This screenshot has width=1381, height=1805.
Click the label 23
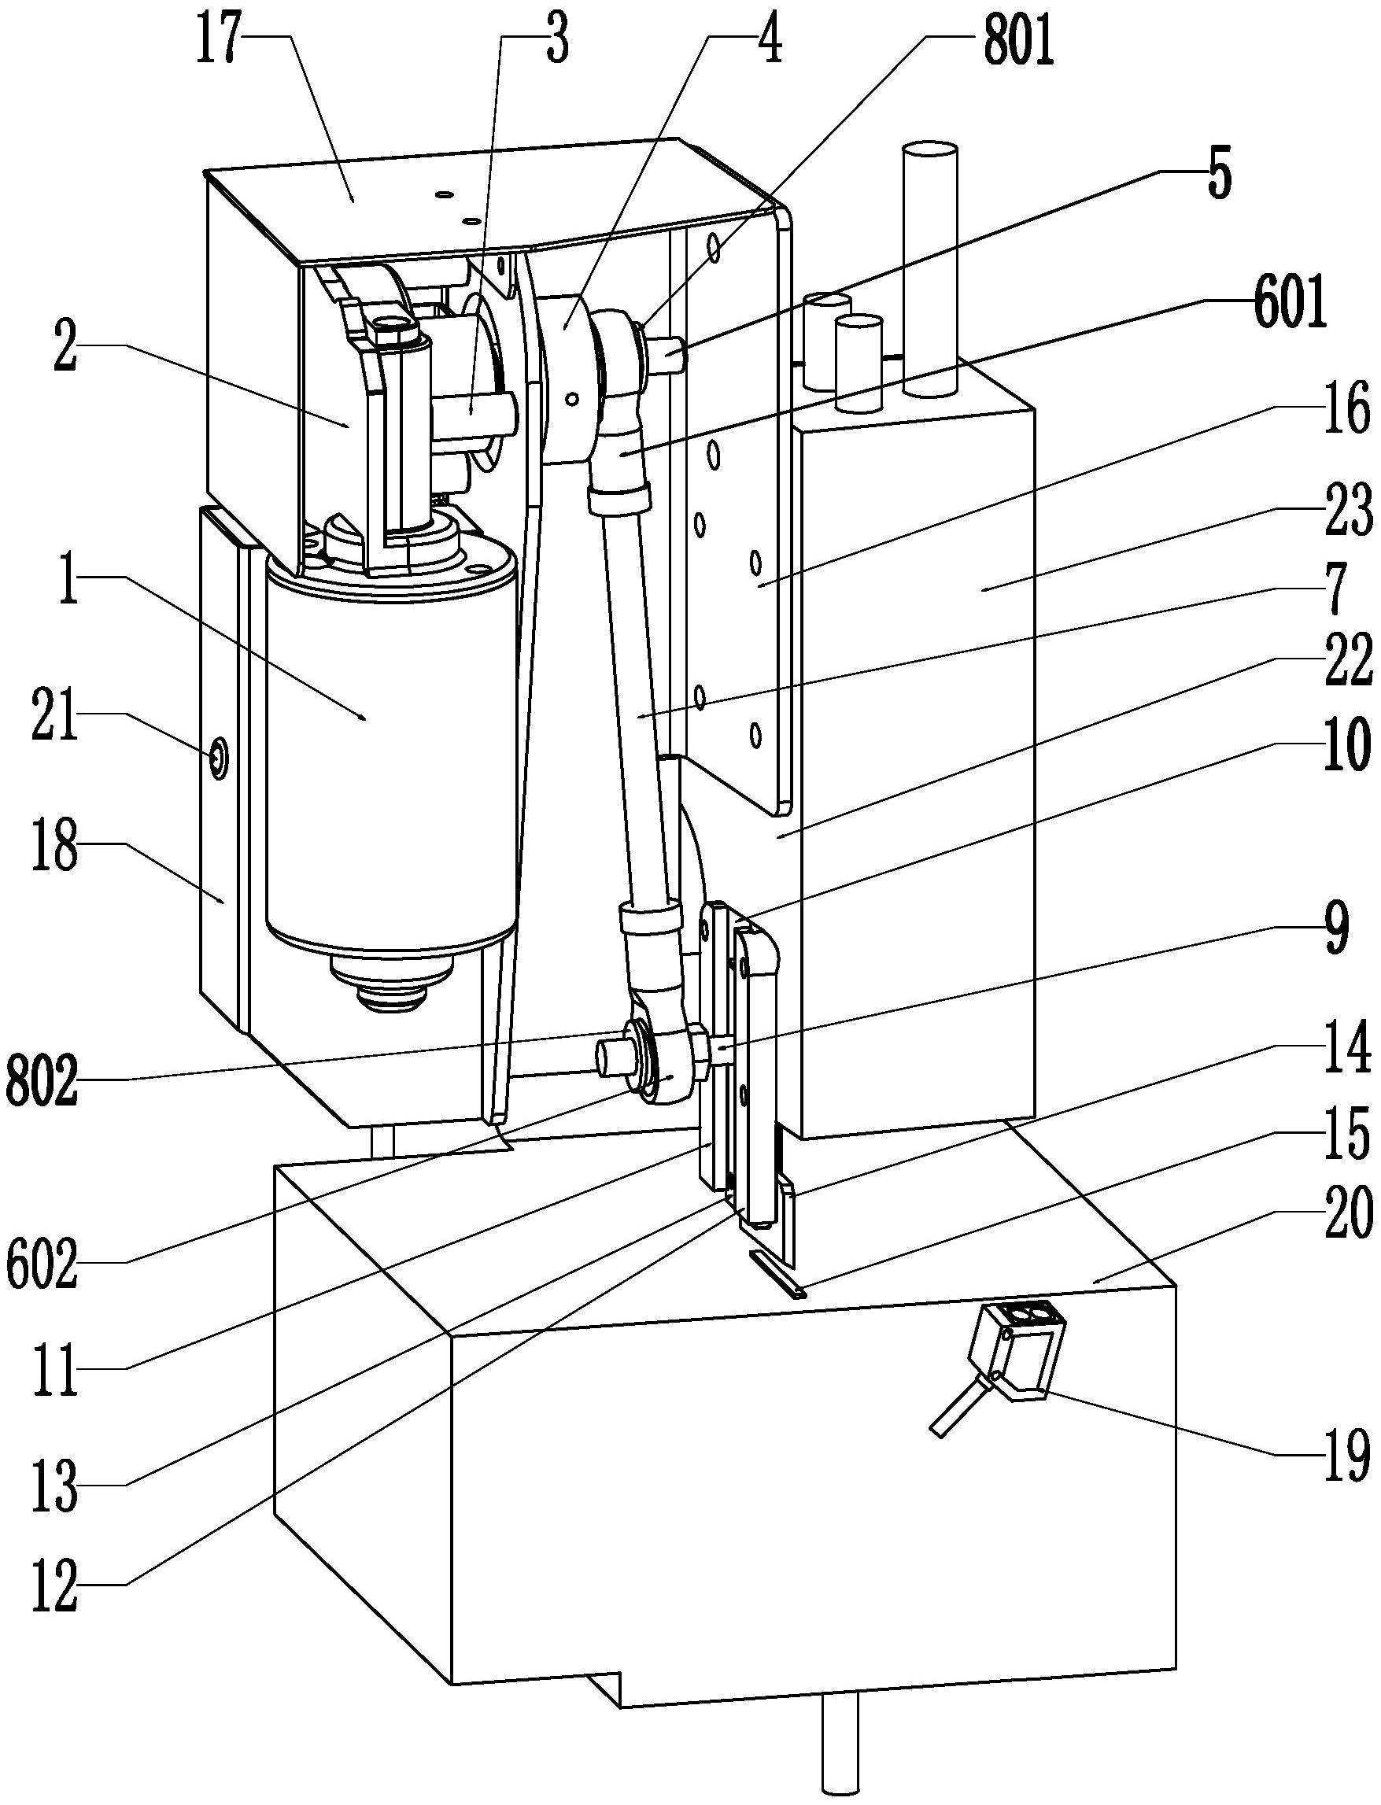pos(1348,510)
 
